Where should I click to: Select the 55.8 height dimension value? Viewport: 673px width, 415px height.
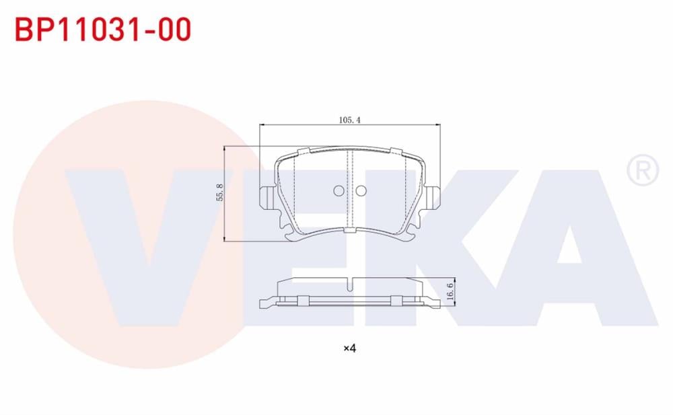coord(219,194)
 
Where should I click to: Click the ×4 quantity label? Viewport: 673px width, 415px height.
coord(349,348)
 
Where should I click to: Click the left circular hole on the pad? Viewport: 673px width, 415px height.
coord(339,191)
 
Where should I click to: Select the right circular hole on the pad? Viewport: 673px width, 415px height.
coord(361,191)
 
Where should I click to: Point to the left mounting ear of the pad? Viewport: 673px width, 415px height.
coord(264,195)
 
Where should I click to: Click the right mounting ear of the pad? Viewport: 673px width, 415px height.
coord(435,195)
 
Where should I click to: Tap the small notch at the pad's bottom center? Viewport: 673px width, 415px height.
coord(349,231)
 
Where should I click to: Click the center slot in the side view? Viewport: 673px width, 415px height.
coord(350,283)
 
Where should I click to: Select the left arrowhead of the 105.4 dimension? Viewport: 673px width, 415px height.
coord(262,125)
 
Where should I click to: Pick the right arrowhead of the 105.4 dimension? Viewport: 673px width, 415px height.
coord(438,125)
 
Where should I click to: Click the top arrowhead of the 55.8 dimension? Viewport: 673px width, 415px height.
coord(224,149)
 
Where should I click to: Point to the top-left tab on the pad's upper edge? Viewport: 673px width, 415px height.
coord(303,151)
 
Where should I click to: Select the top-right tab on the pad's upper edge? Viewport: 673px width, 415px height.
coord(396,151)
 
